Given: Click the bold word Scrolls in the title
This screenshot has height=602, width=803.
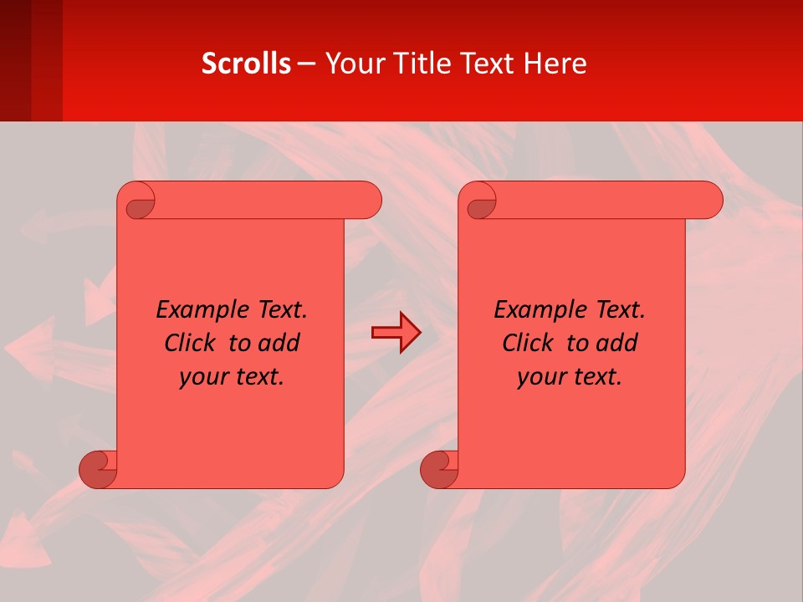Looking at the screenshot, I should point(247,64).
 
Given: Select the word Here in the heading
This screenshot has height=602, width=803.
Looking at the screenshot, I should point(555,64).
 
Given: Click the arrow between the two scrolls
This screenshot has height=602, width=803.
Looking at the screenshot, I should point(396,333).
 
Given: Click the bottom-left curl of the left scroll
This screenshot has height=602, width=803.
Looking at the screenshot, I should point(99,469).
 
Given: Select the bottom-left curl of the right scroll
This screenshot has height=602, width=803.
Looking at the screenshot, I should point(440,469).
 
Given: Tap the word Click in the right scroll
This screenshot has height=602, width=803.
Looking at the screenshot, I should point(527,344).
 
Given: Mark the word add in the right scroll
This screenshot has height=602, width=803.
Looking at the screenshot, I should point(619,344).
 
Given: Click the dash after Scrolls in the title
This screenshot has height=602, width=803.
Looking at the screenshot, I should point(307,64).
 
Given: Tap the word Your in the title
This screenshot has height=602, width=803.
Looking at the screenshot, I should point(352,64).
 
